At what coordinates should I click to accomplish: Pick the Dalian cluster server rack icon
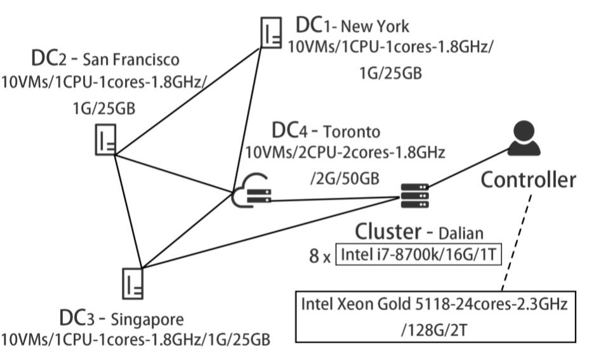click(415, 194)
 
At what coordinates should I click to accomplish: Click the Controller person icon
click(525, 140)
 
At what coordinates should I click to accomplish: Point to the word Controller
click(528, 180)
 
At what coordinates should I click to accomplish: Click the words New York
click(375, 27)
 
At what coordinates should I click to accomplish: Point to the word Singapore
click(147, 317)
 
